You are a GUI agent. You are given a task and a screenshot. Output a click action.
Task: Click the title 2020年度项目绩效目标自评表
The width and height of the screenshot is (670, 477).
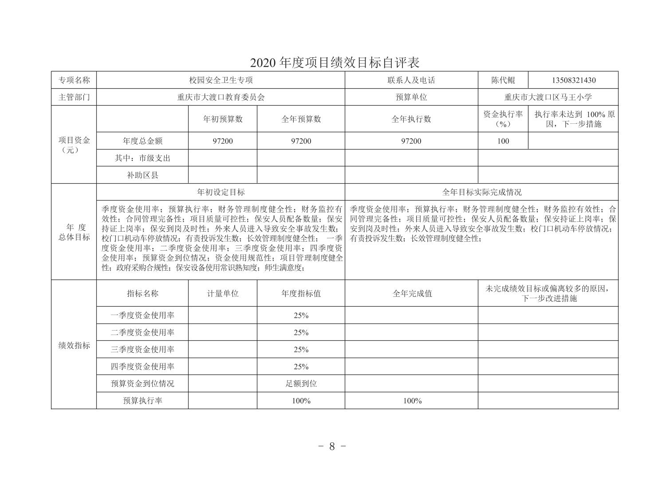(x=335, y=63)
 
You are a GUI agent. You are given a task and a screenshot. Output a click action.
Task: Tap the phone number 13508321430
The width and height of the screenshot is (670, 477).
(x=574, y=80)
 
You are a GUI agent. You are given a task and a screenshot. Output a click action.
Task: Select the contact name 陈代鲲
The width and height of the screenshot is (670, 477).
(x=503, y=80)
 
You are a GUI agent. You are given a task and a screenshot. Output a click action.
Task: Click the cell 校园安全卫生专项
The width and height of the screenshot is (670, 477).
(x=221, y=80)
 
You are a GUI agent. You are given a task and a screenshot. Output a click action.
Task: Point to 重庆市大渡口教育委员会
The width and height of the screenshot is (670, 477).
(x=221, y=97)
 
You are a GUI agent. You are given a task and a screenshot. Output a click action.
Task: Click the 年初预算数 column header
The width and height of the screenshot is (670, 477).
(x=222, y=119)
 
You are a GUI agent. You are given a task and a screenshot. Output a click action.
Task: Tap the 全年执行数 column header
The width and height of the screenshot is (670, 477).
(x=411, y=119)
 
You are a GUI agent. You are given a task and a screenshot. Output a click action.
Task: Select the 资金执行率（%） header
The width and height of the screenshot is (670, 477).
(x=503, y=119)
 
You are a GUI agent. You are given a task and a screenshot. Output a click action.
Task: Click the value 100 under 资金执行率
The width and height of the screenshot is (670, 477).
(x=503, y=141)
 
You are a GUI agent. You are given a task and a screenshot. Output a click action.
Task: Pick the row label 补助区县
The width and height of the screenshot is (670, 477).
(x=142, y=175)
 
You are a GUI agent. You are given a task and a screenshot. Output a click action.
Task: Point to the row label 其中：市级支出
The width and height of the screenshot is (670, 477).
(x=142, y=158)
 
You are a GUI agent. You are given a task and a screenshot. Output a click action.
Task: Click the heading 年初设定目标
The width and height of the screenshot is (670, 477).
(x=221, y=192)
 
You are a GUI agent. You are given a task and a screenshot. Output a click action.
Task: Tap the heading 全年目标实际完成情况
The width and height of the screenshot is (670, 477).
(x=481, y=192)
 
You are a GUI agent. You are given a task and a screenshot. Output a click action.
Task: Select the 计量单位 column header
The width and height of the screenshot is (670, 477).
(x=222, y=293)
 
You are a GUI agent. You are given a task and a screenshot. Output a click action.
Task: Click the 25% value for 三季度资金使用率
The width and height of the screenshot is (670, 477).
(x=301, y=350)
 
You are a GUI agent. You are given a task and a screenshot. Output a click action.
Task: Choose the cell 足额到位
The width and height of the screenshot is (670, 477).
(x=301, y=383)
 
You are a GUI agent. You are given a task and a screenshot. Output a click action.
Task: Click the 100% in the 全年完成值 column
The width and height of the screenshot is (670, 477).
(x=412, y=401)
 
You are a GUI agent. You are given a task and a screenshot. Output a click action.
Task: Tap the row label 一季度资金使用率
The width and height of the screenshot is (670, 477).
(x=142, y=315)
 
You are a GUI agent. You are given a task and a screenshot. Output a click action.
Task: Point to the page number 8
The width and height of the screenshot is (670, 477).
(x=332, y=446)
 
